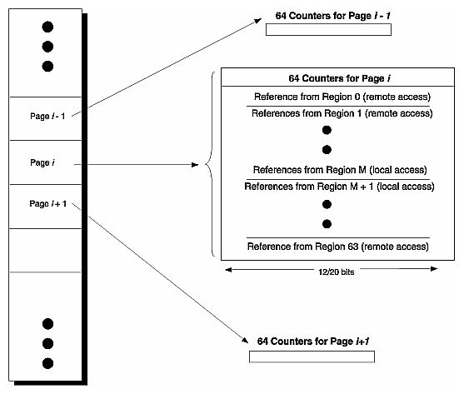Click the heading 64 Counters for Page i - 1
[x=328, y=16]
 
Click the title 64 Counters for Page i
[x=338, y=78]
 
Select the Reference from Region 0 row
[x=338, y=97]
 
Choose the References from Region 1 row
[x=338, y=112]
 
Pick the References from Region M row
[x=338, y=168]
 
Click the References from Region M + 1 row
[x=338, y=186]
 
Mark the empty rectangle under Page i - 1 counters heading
[x=328, y=31]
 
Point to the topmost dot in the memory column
[x=47, y=27]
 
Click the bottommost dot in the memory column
[x=47, y=362]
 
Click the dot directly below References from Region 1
[x=327, y=130]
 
